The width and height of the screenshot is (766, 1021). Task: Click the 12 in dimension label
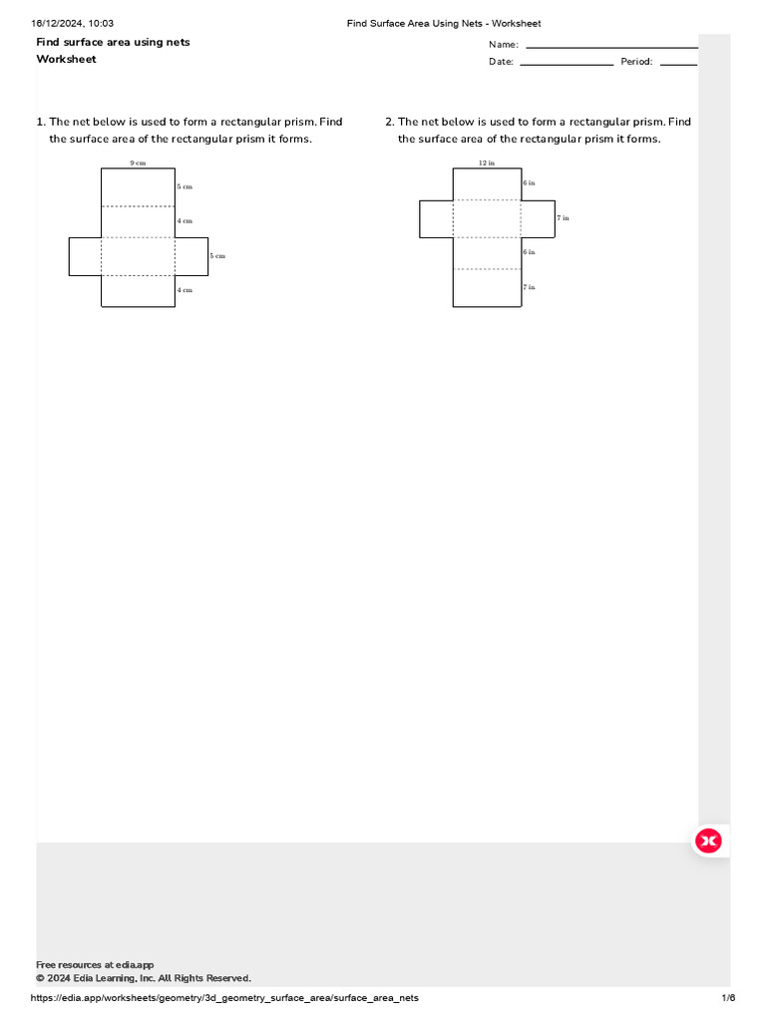[x=486, y=163]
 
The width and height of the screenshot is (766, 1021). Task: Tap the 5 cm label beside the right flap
[x=217, y=256]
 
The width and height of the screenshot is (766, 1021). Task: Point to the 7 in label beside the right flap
[x=564, y=217]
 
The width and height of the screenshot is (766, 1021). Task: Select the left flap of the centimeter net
[x=85, y=256]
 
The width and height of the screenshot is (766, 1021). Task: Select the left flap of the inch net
[x=436, y=218]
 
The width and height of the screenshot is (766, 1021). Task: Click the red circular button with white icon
[x=708, y=842]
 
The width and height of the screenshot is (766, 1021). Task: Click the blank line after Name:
[x=610, y=46]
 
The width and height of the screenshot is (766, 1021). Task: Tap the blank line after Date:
[x=567, y=63]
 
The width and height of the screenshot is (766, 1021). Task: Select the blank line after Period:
[x=678, y=63]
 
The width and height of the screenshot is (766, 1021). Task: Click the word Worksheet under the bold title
[x=67, y=60]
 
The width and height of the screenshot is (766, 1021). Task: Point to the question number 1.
[x=40, y=123]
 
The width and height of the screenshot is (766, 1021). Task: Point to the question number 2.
[x=389, y=123]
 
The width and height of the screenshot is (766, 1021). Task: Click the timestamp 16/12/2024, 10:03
[x=73, y=23]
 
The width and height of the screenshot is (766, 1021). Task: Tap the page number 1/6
[x=728, y=998]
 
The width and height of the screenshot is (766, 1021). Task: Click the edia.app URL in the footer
[x=225, y=998]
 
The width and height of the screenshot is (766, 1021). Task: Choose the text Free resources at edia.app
[x=95, y=965]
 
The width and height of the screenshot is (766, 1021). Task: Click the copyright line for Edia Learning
[x=143, y=978]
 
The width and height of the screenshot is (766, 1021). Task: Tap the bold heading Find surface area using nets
[x=113, y=42]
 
